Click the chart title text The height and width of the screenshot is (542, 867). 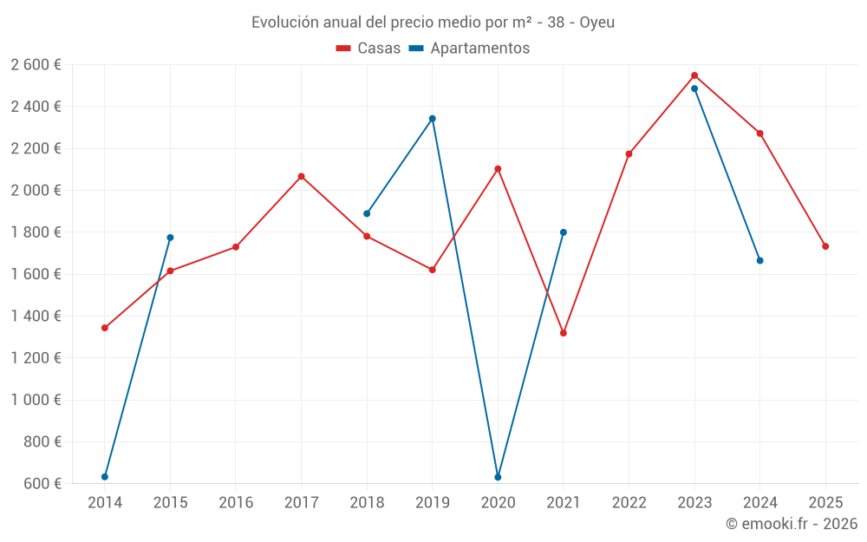pyautogui.click(x=433, y=23)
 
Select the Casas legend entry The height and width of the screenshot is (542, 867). pyautogui.click(x=368, y=49)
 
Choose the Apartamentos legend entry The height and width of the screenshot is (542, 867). pyautogui.click(x=468, y=49)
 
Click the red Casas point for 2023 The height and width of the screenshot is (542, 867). pyautogui.click(x=694, y=75)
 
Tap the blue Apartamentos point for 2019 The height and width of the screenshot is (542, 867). pyautogui.click(x=433, y=119)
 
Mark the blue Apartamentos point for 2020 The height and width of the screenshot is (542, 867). pyautogui.click(x=498, y=477)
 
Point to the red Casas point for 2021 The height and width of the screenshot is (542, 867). pyautogui.click(x=564, y=333)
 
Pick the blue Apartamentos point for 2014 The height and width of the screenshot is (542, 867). pyautogui.click(x=105, y=477)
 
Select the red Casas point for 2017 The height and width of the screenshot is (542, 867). pyautogui.click(x=301, y=177)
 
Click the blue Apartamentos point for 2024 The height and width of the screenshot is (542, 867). pyautogui.click(x=760, y=260)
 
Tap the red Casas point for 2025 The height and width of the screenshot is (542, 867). pyautogui.click(x=825, y=246)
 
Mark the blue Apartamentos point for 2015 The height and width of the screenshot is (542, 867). pyautogui.click(x=170, y=238)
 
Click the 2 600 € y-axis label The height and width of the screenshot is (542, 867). pyautogui.click(x=36, y=65)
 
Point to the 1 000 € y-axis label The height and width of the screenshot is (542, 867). pyautogui.click(x=36, y=400)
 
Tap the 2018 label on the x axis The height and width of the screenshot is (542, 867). pyautogui.click(x=367, y=503)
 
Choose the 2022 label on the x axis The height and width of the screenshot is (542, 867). pyautogui.click(x=629, y=503)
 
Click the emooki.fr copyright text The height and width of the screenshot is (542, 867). pyautogui.click(x=791, y=524)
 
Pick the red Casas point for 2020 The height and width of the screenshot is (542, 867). pyautogui.click(x=498, y=169)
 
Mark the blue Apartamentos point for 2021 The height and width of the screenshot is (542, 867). pyautogui.click(x=564, y=232)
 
